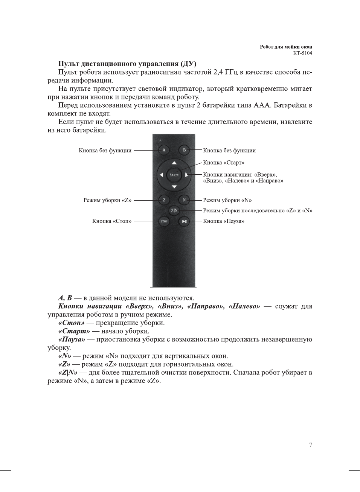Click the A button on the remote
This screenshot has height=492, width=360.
(164, 150)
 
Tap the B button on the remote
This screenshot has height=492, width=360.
(184, 150)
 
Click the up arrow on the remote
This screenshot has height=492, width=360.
(174, 163)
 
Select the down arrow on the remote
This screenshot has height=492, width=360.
(174, 187)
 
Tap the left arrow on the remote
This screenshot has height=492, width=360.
(162, 175)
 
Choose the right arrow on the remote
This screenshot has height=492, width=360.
(187, 175)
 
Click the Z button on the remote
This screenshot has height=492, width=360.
(164, 200)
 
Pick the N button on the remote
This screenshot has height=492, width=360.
(184, 200)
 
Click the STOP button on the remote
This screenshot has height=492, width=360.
(164, 221)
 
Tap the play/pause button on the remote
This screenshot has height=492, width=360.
(184, 221)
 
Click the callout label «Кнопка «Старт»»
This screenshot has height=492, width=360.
(224, 163)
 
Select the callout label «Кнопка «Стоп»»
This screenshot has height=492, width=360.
(112, 221)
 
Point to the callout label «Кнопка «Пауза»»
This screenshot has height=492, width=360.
(224, 221)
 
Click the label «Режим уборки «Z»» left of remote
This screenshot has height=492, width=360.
(107, 200)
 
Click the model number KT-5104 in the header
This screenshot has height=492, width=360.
(302, 53)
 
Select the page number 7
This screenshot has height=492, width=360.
(310, 445)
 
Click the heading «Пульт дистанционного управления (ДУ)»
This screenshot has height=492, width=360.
(127, 64)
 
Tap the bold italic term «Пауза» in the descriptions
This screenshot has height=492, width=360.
(72, 340)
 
